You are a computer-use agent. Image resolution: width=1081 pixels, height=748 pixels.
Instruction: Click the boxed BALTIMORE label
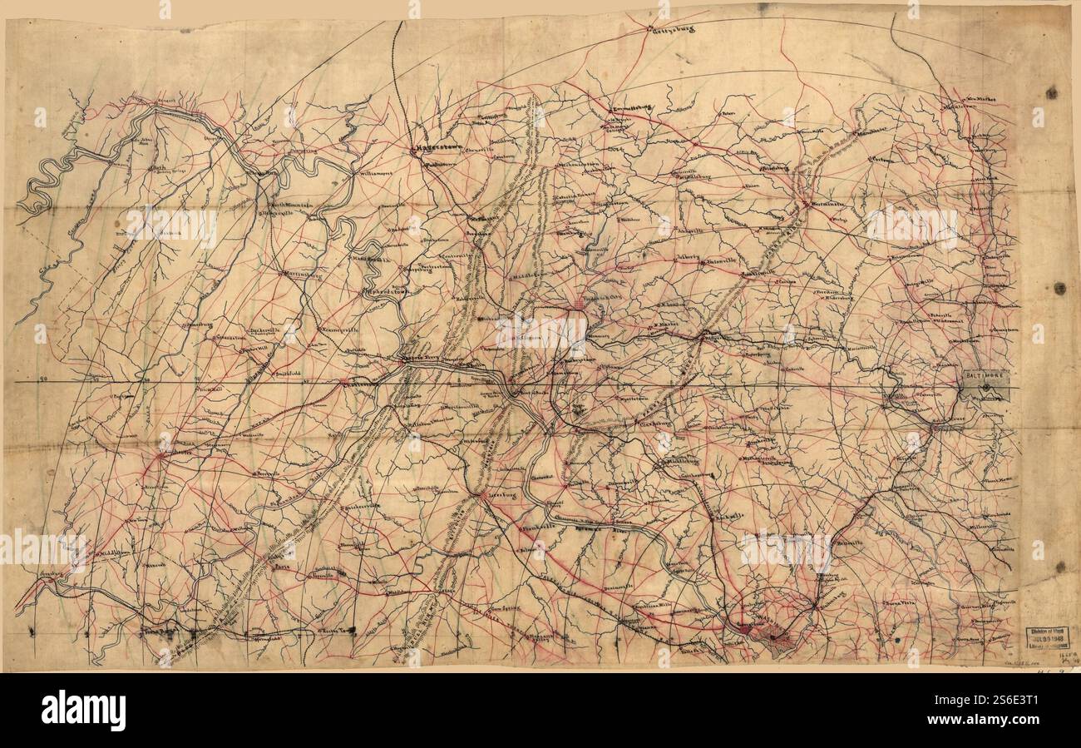pos(985,376)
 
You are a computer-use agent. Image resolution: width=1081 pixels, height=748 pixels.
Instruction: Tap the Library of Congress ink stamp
pos(1046,637)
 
